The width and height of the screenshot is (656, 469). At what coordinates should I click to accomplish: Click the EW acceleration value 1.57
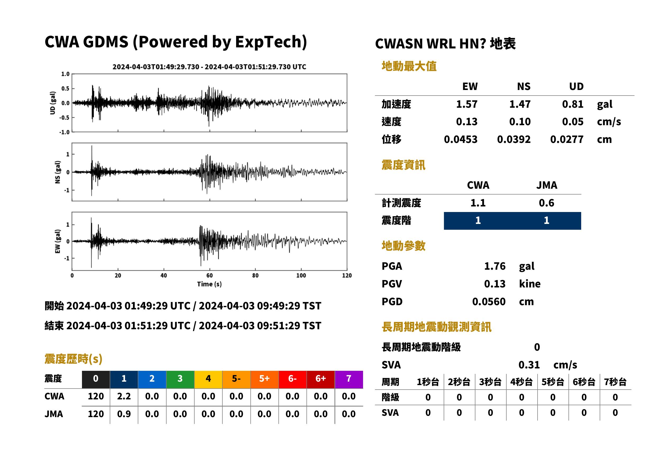tap(466, 104)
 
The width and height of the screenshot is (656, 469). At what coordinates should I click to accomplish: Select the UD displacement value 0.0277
tap(567, 139)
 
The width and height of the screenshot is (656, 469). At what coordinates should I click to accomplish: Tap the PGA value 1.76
tap(495, 266)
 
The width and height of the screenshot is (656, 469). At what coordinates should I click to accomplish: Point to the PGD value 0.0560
tap(489, 302)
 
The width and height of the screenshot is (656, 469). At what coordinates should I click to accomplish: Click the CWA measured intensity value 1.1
tap(478, 203)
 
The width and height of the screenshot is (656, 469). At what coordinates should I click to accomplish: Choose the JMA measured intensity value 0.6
tap(546, 203)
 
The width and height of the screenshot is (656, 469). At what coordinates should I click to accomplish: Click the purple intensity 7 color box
tap(349, 379)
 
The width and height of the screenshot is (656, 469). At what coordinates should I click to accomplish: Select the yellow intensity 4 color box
tap(208, 379)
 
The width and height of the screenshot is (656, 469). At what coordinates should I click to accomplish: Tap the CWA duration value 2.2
tap(124, 396)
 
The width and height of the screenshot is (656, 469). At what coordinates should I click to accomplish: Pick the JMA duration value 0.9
tap(124, 414)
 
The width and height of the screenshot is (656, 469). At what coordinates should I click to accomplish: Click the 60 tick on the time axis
tap(209, 276)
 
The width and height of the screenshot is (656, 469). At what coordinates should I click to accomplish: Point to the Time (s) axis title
tap(209, 284)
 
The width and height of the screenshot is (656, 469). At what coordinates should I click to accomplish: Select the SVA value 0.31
tap(529, 365)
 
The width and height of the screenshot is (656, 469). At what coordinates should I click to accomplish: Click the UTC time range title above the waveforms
tap(209, 67)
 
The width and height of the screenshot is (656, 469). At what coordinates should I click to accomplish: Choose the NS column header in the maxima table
tap(524, 87)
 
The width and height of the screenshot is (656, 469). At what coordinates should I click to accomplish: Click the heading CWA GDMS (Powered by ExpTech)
tap(176, 42)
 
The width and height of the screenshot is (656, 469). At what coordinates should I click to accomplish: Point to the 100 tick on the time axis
tap(301, 276)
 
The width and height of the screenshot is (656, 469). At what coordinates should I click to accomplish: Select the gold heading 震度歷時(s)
tap(73, 359)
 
